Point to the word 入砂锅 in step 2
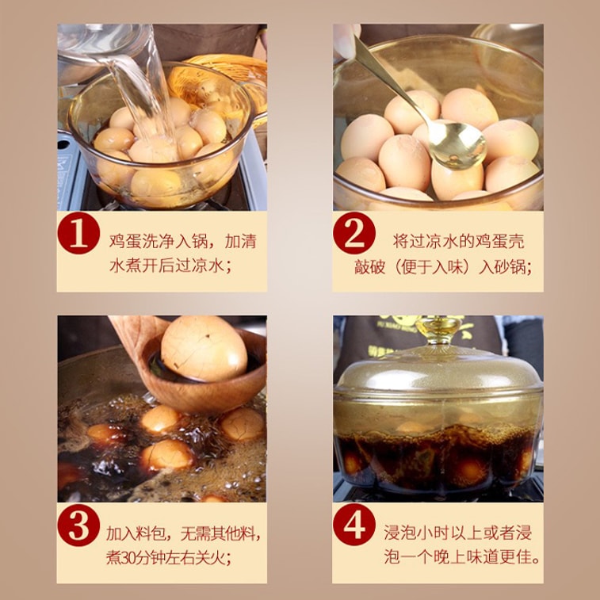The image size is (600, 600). [504, 267]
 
